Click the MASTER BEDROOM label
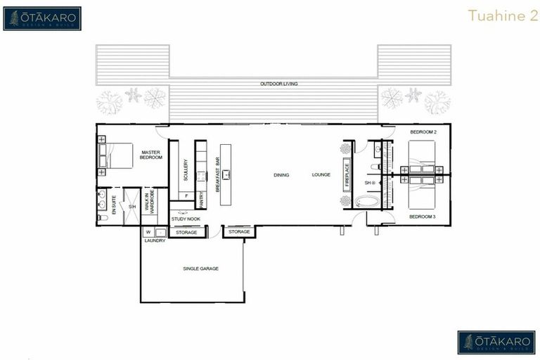coord(152,155)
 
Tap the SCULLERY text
coord(186,171)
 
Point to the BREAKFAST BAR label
coord(218,179)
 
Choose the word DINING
coord(281,174)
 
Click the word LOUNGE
coord(321,174)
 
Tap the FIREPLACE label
coord(347,174)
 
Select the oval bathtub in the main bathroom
coord(366,201)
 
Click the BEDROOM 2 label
coord(423,132)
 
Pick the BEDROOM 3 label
coord(423,217)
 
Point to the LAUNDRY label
coord(155,240)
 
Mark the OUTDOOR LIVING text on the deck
coord(279,84)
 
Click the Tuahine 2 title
coord(497,16)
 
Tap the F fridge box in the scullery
coord(186,195)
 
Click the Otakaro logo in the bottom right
coord(496,342)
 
